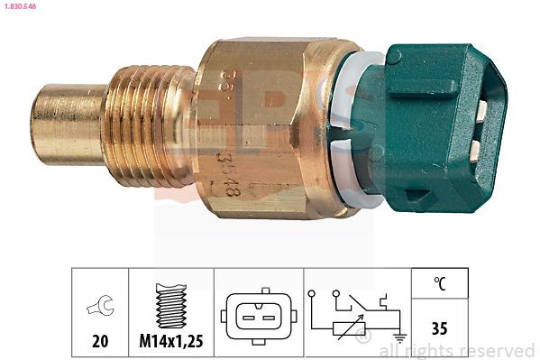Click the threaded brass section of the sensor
tap(149, 126)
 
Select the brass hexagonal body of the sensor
tap(270, 126)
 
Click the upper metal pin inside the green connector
tap(482, 110)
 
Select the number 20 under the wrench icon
tap(100, 341)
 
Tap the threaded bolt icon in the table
tap(170, 303)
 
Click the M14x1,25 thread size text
tap(171, 341)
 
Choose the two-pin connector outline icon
tap(258, 316)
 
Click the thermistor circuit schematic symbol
tap(357, 316)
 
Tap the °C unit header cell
tap(441, 283)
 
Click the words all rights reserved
tap(457, 350)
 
